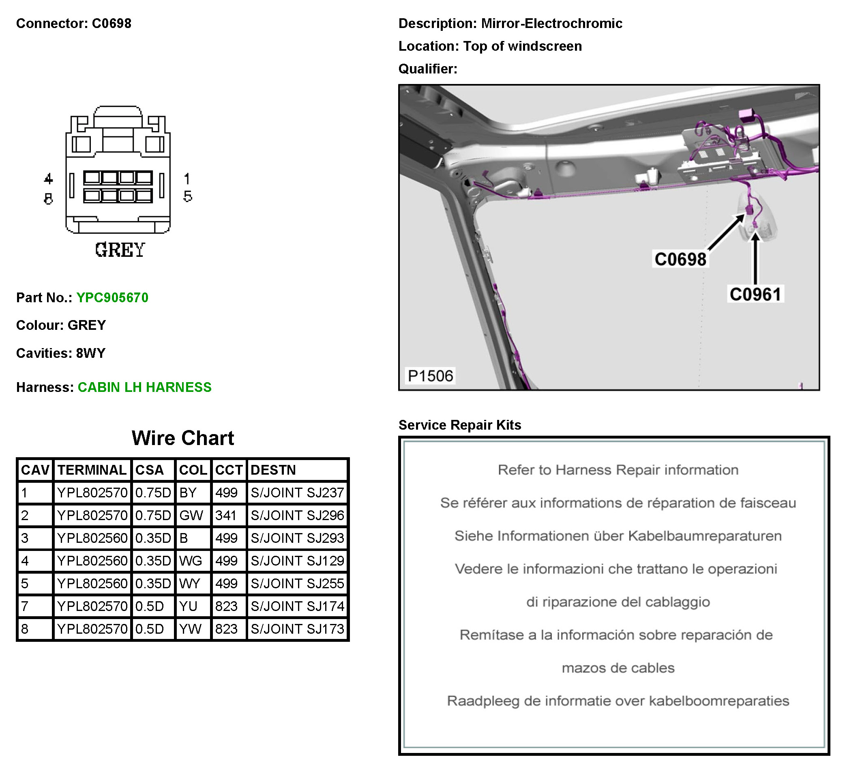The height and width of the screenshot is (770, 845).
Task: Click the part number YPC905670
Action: [112, 298]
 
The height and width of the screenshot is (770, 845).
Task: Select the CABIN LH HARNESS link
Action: [145, 387]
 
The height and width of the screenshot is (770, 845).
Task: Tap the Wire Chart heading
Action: [183, 438]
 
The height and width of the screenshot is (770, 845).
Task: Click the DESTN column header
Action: [273, 470]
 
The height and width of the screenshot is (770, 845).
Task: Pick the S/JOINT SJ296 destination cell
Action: [298, 516]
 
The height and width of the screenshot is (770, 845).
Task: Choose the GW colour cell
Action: [191, 516]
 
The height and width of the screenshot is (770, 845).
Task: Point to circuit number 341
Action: [226, 516]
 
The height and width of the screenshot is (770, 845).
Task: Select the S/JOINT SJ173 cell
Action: [298, 629]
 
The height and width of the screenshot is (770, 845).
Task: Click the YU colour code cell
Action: [188, 607]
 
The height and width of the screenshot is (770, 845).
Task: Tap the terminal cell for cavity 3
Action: [92, 538]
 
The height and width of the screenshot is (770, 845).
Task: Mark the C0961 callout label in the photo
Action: [756, 295]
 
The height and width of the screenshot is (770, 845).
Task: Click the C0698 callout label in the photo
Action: [681, 260]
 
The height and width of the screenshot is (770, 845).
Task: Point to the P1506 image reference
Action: [431, 376]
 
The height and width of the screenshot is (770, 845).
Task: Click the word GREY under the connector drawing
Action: [120, 250]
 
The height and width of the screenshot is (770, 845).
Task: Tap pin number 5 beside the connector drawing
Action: [188, 197]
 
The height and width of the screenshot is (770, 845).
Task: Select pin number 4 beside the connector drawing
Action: [49, 179]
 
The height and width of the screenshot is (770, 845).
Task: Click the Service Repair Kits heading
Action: [460, 425]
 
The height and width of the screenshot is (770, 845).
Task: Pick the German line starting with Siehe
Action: [618, 536]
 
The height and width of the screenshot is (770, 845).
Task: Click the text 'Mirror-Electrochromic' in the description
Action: [552, 24]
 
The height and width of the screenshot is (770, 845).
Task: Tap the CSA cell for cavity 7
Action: [150, 607]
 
